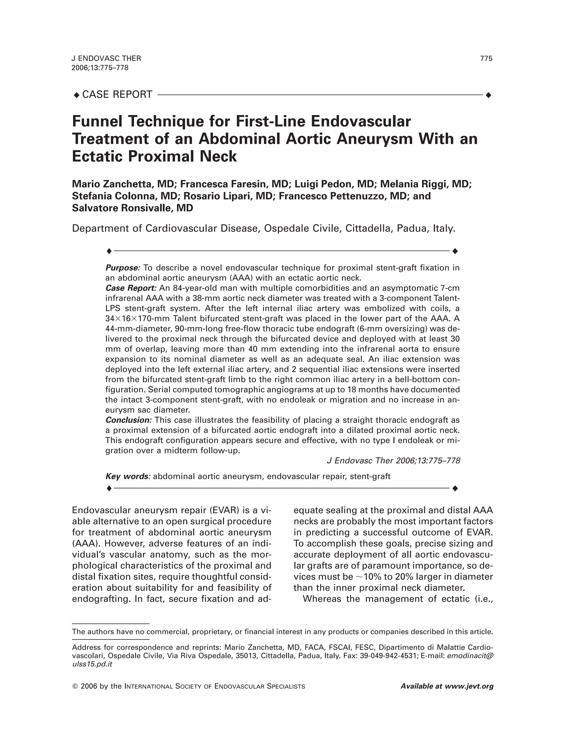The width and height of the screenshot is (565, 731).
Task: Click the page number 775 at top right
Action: point(486,58)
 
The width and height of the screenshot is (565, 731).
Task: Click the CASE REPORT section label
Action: point(117,95)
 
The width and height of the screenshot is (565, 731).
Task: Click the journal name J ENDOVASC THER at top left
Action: point(106,58)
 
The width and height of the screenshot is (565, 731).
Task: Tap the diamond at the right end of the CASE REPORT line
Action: point(488,95)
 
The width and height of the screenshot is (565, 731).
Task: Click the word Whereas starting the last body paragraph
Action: point(322,599)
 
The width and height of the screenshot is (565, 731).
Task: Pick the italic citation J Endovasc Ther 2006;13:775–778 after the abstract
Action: point(393,461)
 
